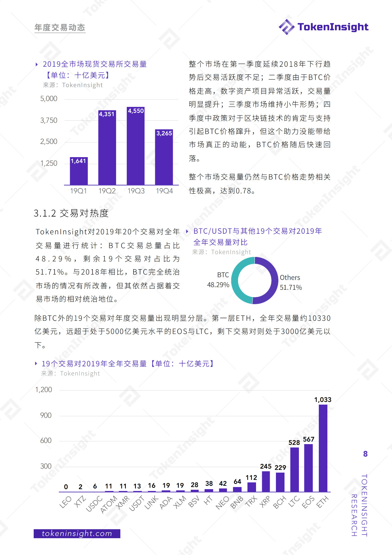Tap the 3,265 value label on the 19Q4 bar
point(164,133)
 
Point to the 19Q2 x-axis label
point(107,191)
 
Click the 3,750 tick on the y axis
point(49,120)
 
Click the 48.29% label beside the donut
point(218,285)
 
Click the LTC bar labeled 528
point(294,470)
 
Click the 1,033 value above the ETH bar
point(323,400)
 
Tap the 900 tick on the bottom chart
point(46,415)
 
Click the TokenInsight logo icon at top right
point(287,27)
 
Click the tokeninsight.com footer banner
point(77,534)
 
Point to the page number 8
point(365,454)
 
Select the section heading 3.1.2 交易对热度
point(71,213)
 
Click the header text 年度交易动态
point(60,28)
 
